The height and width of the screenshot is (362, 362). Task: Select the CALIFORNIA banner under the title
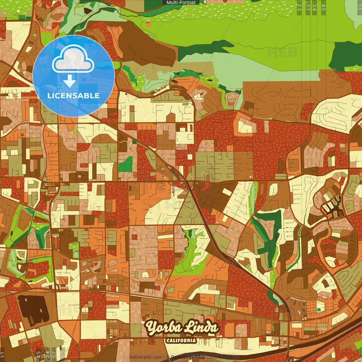[x=181, y=340]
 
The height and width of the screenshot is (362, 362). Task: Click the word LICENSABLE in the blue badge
[x=74, y=96]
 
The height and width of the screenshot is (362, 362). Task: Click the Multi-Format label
[x=181, y=3]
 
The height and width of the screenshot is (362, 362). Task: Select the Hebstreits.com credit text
[x=146, y=357]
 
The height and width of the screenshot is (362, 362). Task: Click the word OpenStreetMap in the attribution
[x=188, y=357]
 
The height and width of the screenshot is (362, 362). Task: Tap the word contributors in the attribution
[x=220, y=357]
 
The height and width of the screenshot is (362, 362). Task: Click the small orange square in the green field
[x=148, y=25]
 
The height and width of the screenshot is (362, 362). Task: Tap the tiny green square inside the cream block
[x=319, y=310]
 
